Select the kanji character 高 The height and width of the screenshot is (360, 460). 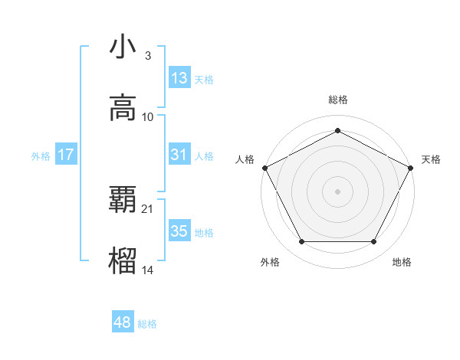[x=123, y=108]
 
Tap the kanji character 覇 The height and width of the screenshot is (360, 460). [x=123, y=200]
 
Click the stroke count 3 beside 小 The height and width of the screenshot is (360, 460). [x=147, y=56]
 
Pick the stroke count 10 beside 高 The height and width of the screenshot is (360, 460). [x=148, y=116]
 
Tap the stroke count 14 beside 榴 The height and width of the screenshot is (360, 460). [x=148, y=270]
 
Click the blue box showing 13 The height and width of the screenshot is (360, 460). [x=179, y=78]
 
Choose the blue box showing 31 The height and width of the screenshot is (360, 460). [x=179, y=155]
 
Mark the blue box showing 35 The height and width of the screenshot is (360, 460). [x=179, y=231]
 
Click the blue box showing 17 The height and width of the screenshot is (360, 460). [x=66, y=155]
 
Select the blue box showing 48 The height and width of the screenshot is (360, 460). [x=123, y=322]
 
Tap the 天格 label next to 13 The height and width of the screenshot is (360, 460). [x=204, y=79]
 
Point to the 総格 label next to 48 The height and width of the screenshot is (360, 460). [x=147, y=323]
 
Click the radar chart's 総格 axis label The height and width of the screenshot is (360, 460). [x=338, y=100]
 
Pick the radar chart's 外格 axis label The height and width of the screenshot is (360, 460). [x=270, y=263]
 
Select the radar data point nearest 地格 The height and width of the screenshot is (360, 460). [x=374, y=242]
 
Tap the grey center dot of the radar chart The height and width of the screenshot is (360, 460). [x=338, y=191]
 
